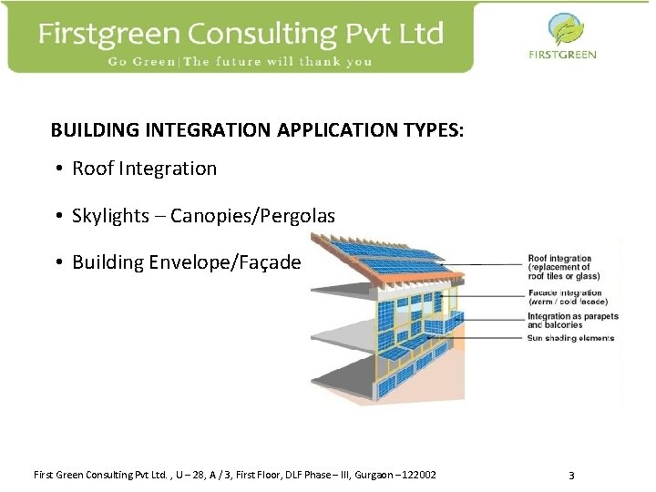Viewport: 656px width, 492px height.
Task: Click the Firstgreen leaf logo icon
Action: (562, 30)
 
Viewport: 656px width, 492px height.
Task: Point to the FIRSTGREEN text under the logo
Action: (562, 55)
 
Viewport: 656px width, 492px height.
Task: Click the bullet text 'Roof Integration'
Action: (144, 169)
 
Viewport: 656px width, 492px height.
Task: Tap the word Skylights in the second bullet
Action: (110, 216)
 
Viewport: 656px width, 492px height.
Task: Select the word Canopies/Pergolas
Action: (252, 216)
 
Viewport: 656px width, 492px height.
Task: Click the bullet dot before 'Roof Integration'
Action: (57, 169)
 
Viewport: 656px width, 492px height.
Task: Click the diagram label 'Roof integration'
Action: (559, 259)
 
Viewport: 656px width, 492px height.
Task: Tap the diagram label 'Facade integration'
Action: (565, 293)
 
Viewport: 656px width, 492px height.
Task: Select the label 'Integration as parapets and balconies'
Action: (572, 321)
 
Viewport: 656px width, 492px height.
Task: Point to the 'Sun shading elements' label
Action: (570, 338)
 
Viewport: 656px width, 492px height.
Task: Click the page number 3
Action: (571, 476)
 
